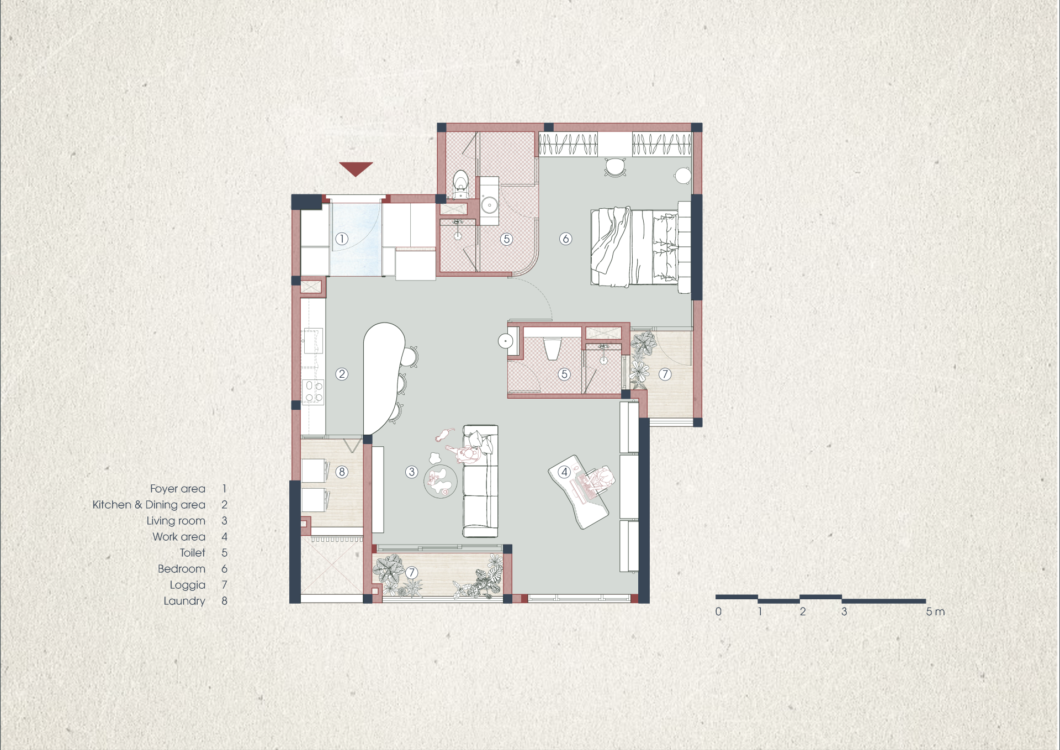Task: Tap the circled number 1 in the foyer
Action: (342, 239)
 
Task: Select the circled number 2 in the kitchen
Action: (342, 374)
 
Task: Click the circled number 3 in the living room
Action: (411, 472)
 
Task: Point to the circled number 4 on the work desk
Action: (564, 472)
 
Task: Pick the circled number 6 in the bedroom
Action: (565, 239)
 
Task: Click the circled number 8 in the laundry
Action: (342, 472)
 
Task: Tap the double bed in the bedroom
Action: (635, 247)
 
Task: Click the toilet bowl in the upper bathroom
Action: (460, 184)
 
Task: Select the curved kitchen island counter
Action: (383, 378)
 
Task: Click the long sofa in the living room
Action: (480, 481)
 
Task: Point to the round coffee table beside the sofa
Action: (440, 482)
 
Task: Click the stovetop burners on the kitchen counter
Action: (313, 391)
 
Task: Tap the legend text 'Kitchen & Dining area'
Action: (149, 504)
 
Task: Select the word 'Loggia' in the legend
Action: (187, 585)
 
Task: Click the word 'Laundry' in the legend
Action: (184, 601)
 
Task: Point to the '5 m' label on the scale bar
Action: (935, 611)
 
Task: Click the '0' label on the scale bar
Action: (718, 611)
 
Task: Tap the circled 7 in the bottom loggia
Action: (411, 573)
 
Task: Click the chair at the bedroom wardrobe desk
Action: (615, 167)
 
